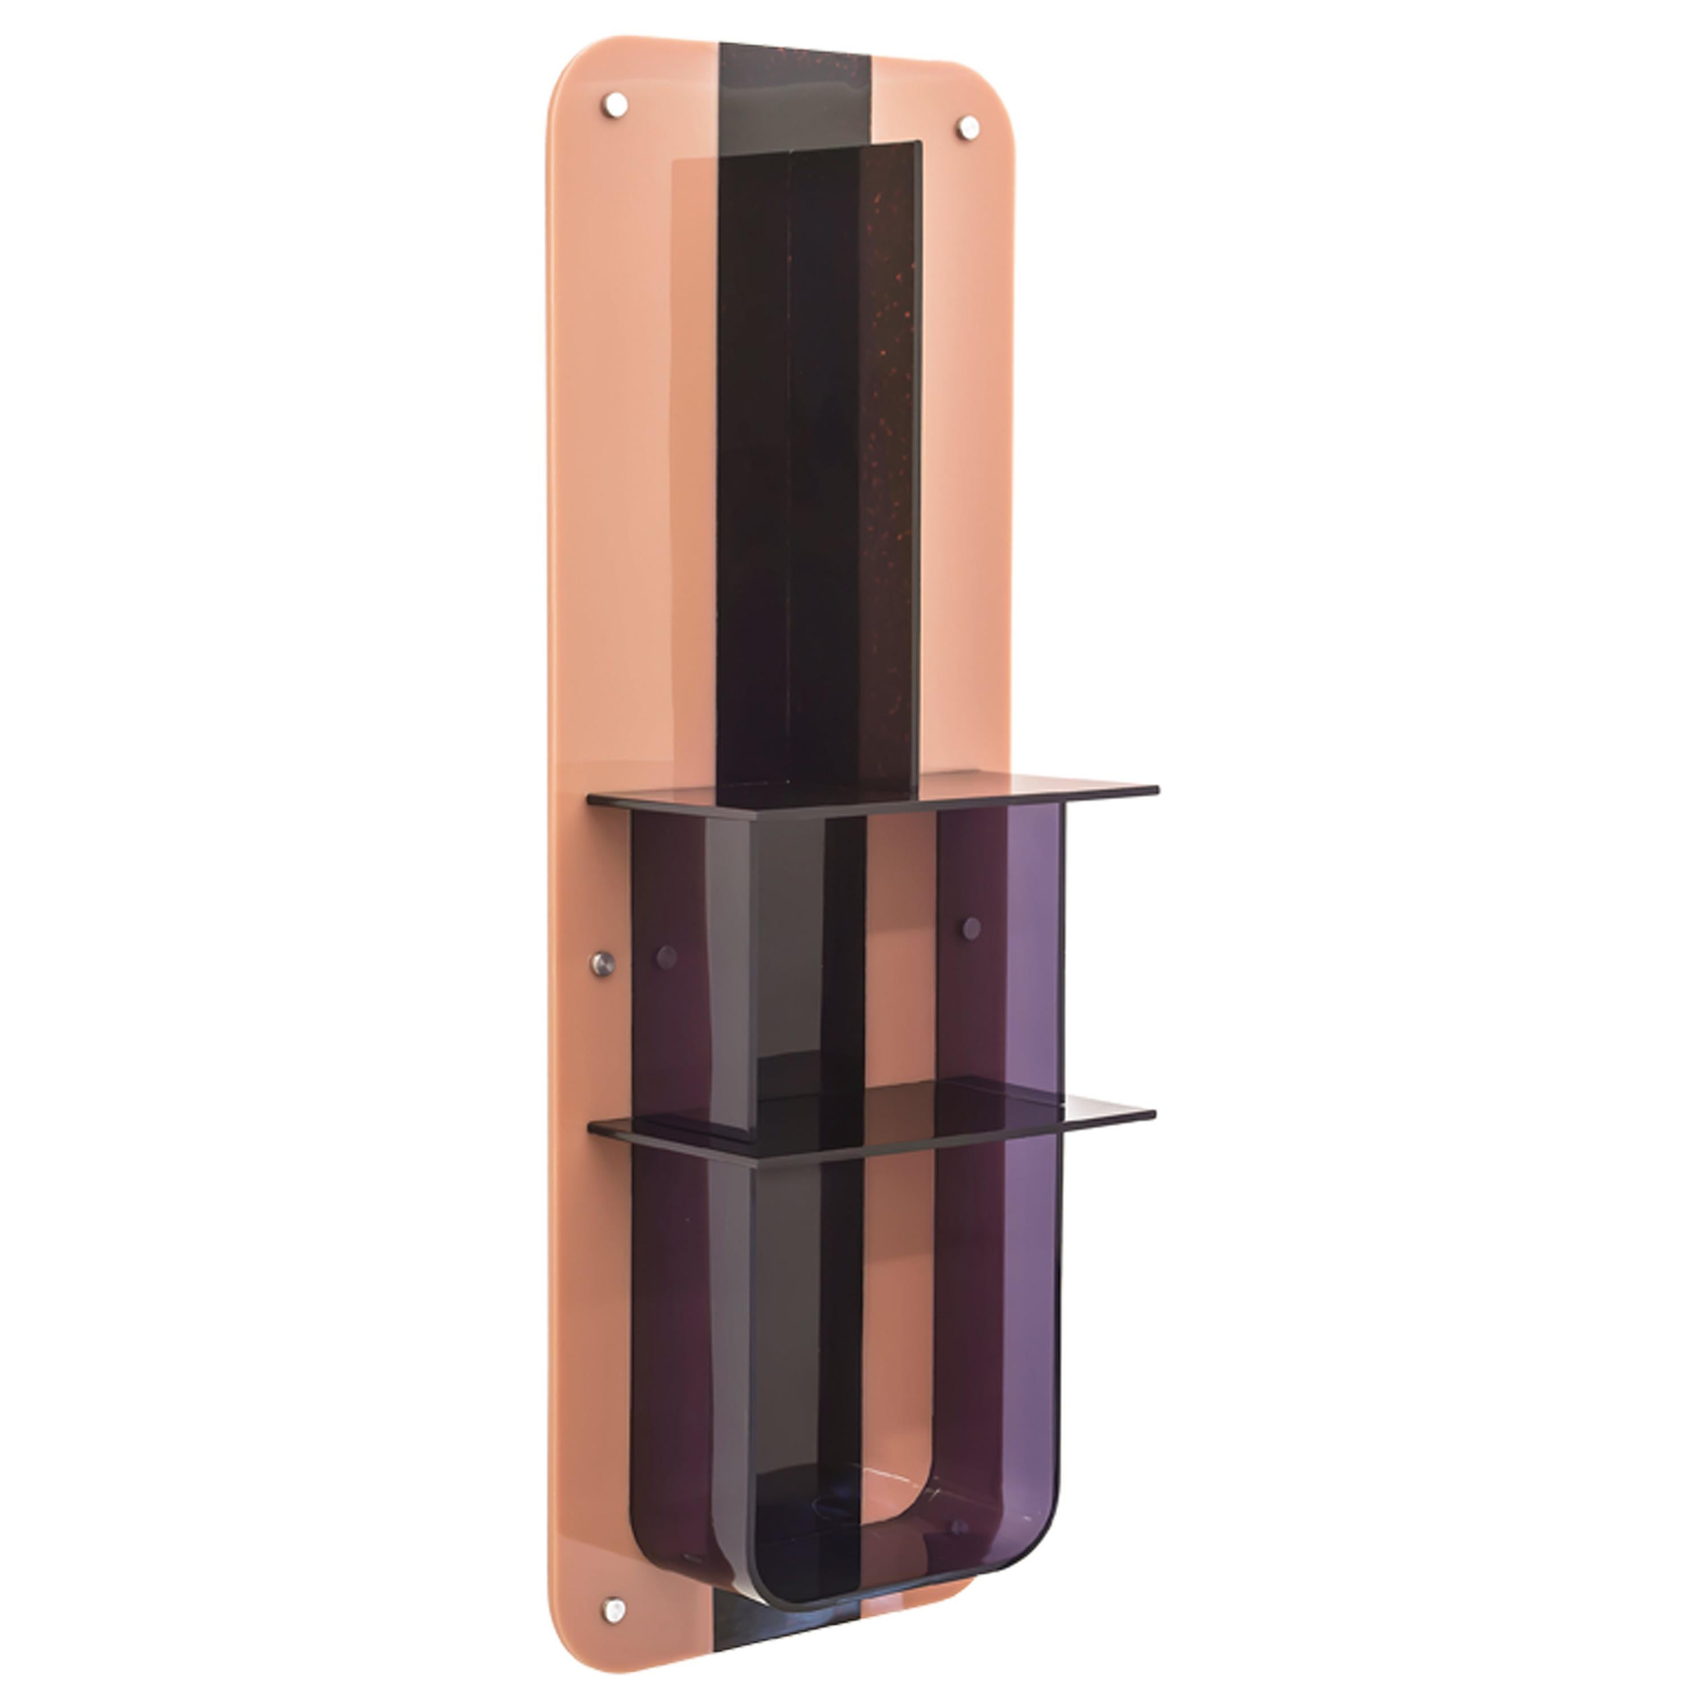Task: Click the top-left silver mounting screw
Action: point(616,104)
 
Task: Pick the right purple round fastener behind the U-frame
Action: point(972,928)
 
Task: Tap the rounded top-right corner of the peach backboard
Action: point(999,80)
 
